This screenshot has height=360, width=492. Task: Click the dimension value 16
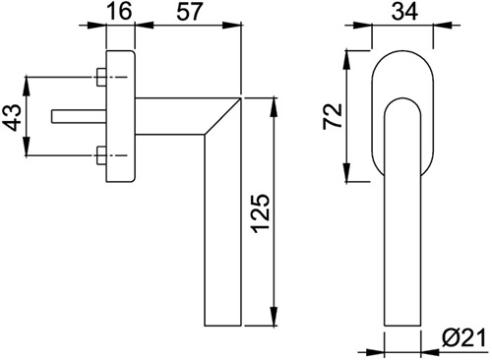coord(120,11)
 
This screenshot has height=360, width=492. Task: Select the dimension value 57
coord(188,11)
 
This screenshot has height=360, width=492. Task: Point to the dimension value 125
coord(262,214)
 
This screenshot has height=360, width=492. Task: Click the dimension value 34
coord(405,11)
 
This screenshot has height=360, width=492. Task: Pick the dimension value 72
coord(333,116)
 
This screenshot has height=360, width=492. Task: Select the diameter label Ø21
coord(462,337)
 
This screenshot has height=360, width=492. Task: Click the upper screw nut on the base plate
coord(101,78)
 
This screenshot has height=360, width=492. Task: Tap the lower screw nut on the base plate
coord(101,155)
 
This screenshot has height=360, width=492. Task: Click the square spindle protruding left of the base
coord(79,117)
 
